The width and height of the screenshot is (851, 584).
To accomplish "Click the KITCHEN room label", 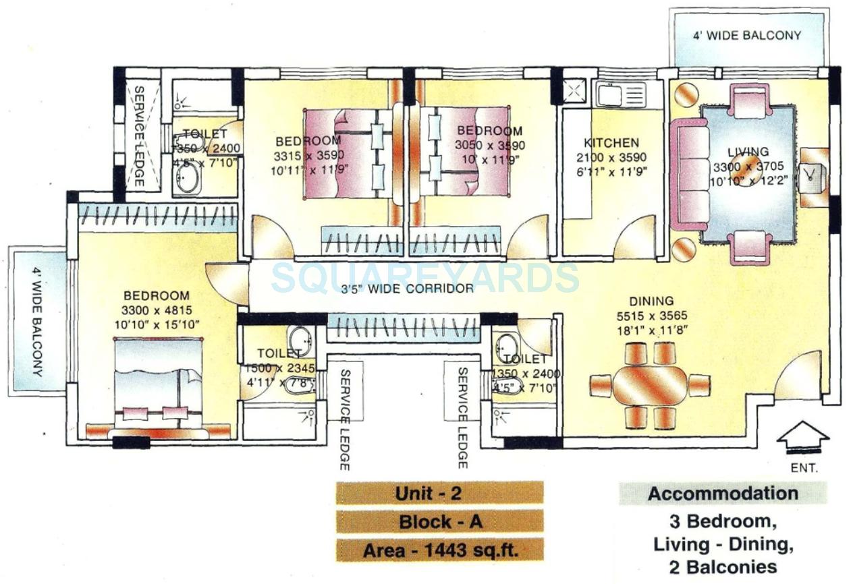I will (x=611, y=143).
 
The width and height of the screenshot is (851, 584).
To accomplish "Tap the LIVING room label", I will (x=747, y=152).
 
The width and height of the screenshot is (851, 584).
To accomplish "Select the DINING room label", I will (x=651, y=301).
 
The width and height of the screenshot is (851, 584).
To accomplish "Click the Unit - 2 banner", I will (x=439, y=493).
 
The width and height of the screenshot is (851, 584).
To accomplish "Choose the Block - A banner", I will (x=439, y=521).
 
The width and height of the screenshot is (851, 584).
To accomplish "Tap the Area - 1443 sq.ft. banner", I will (x=439, y=550).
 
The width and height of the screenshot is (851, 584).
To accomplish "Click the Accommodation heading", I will (x=723, y=494).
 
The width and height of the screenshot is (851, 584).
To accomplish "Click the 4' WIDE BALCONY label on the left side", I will (x=38, y=322).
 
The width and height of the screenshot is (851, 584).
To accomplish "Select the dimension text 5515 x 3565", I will (x=651, y=316).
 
